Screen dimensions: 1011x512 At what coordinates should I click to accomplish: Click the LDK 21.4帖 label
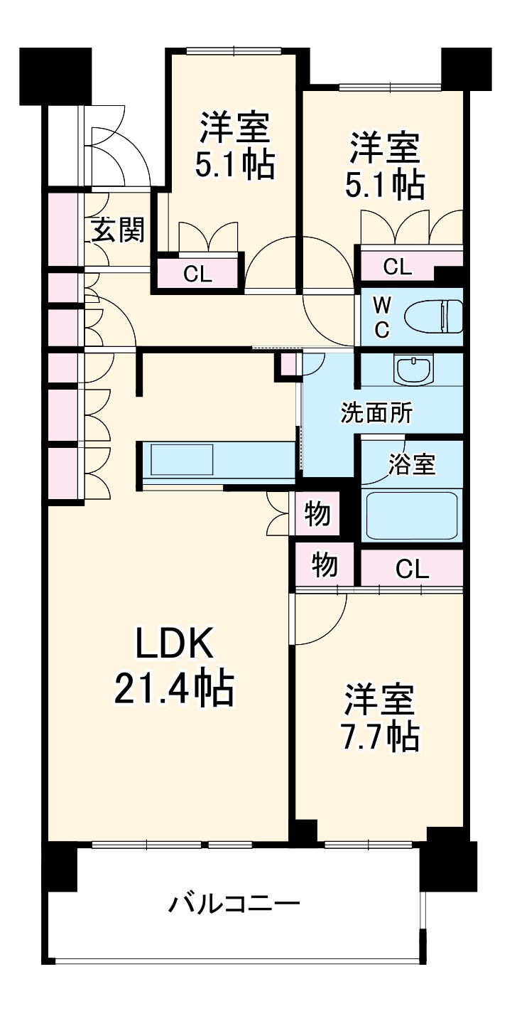[173, 666]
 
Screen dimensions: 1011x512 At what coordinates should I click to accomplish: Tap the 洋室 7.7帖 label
[381, 718]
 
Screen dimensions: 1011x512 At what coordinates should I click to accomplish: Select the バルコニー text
[234, 905]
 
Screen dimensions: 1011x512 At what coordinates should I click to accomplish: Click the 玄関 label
[118, 230]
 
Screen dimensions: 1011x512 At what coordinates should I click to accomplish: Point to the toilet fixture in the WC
[433, 316]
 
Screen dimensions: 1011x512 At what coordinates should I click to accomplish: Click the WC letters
[382, 317]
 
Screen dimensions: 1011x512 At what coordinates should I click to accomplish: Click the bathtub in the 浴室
[411, 514]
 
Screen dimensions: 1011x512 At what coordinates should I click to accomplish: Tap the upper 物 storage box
[317, 513]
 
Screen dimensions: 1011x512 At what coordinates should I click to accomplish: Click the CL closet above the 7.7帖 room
[412, 568]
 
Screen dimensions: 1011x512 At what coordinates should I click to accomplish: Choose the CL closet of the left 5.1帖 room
[197, 274]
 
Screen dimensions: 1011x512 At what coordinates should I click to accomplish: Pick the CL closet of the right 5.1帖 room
[397, 267]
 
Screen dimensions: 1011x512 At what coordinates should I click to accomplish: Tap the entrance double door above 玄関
[114, 149]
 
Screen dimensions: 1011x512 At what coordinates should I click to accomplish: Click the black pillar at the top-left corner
[55, 75]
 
